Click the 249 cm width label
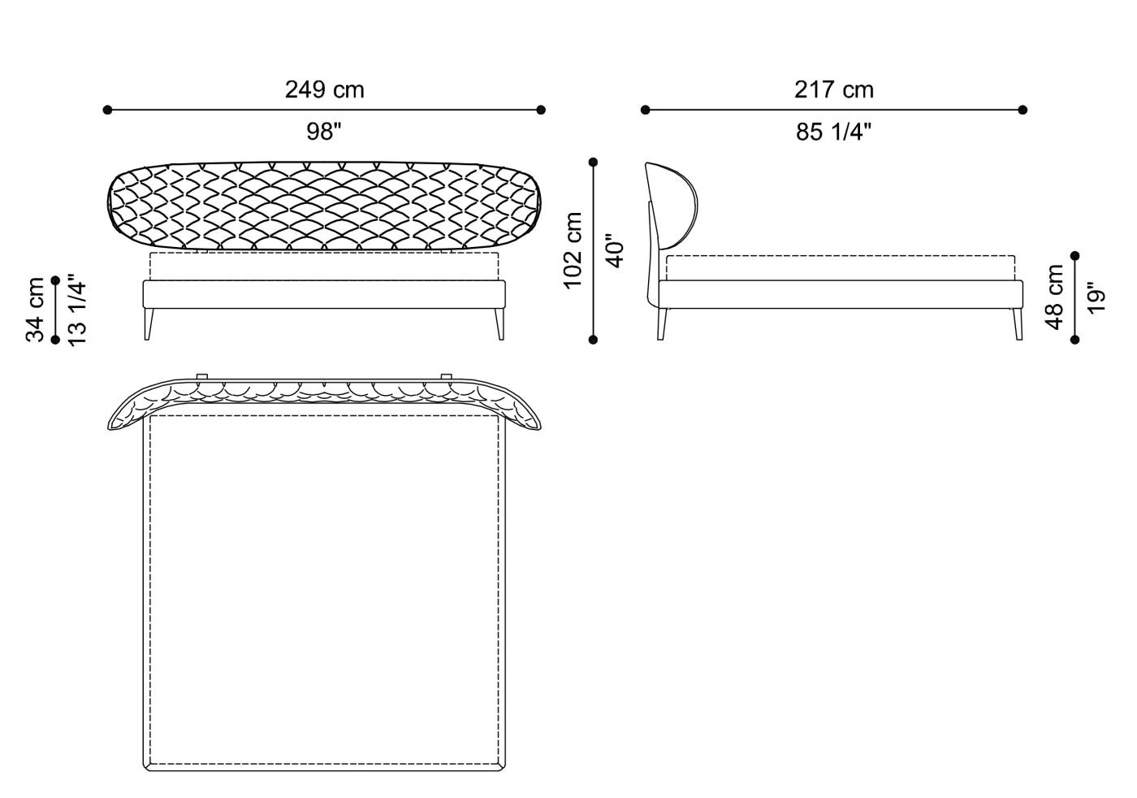point(324,89)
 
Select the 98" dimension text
point(324,132)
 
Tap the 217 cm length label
point(833,89)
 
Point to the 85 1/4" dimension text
point(833,132)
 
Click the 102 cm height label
point(573,249)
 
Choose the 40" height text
point(615,251)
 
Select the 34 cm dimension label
point(35,310)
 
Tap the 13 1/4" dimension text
point(77,310)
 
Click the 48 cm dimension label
point(1054,297)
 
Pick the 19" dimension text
point(1096,297)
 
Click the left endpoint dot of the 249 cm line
point(107,110)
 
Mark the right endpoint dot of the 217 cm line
point(1022,110)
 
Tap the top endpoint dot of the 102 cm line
point(594,163)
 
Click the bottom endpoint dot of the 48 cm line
point(1075,340)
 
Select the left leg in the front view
point(149,323)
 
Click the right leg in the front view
point(499,323)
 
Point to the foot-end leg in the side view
point(1016,323)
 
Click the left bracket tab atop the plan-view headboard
point(202,375)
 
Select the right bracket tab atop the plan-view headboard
point(446,375)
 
